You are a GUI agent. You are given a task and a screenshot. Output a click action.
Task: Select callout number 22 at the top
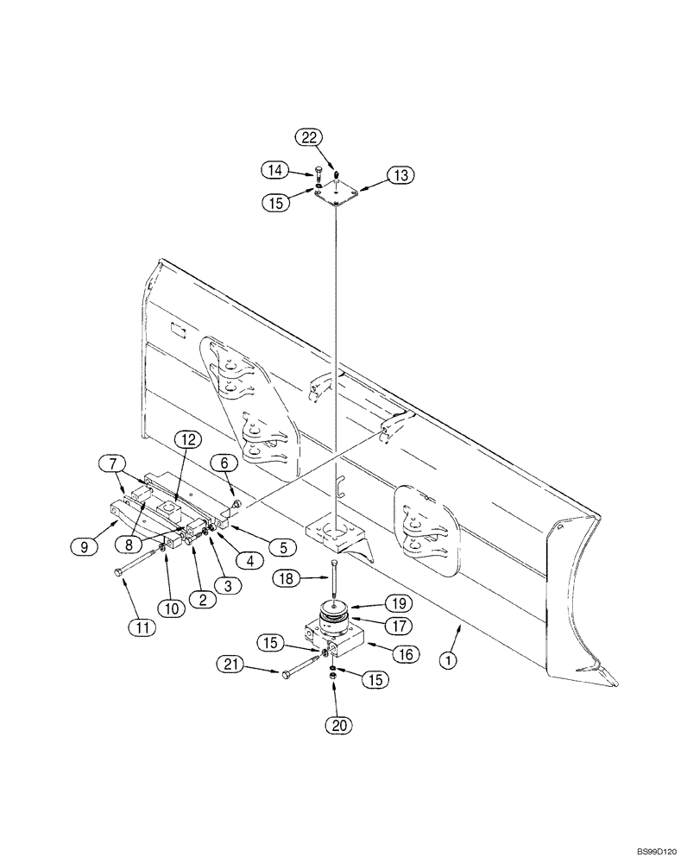coord(311,137)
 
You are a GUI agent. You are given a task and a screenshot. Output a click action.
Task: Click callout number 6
coord(224,463)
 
